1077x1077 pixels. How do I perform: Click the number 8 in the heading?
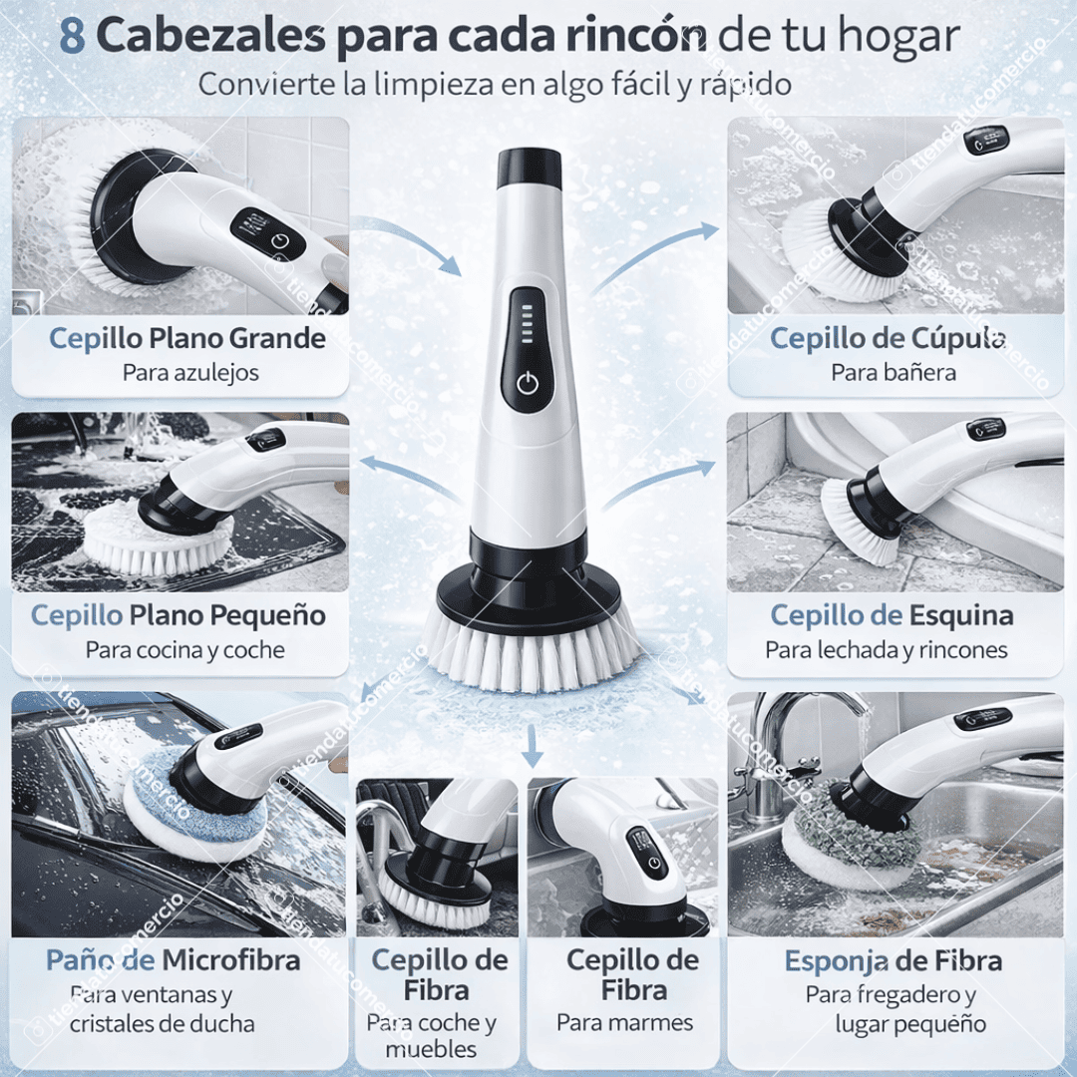pos(72,36)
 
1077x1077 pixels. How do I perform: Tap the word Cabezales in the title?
pos(211,37)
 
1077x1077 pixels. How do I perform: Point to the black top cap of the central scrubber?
pos(529,167)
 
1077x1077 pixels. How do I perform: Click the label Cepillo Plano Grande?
pos(187,338)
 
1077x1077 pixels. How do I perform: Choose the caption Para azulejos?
pos(190,372)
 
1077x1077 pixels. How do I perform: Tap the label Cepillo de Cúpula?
pos(888,338)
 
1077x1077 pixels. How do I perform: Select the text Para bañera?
pos(894,372)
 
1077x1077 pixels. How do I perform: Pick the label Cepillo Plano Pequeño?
pos(179,615)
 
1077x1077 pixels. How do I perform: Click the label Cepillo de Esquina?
pos(892,615)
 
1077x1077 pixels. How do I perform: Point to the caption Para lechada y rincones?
pos(887,650)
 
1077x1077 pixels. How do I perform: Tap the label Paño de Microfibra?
pos(174,961)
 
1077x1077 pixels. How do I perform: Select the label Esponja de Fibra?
pos(893,961)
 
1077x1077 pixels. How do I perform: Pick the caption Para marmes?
pos(624,1022)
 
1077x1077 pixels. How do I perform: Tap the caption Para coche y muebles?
pos(431,1035)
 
